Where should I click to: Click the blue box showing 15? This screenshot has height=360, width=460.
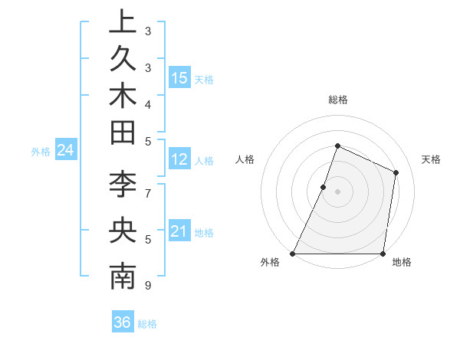coord(179,78)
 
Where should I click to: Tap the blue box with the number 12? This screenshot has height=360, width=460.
coord(179,160)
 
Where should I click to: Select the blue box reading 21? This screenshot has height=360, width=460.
coord(179,231)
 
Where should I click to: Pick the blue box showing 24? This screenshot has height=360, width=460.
coord(66,151)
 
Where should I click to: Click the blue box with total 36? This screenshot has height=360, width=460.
coord(123,323)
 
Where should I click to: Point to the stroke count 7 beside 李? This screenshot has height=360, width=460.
coord(148,193)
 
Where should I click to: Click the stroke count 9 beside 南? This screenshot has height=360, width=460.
coord(148,286)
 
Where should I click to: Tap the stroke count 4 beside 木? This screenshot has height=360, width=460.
coord(148,103)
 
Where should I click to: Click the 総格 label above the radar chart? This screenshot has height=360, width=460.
coord(338,100)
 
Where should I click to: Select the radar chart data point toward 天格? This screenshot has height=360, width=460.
coord(396,172)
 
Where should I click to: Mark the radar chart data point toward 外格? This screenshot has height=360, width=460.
coord(293,254)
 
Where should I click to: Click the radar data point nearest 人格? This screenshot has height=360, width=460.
coord(324,187)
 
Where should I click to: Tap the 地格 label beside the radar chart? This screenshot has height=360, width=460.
coord(402,263)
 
